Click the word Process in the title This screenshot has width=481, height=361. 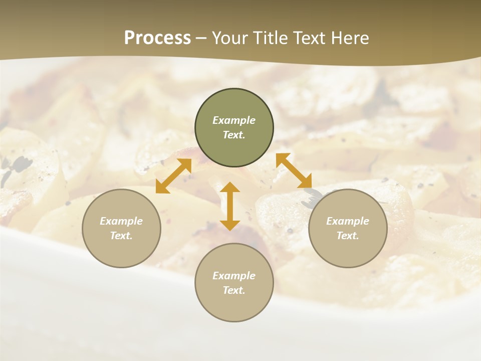coord(157,38)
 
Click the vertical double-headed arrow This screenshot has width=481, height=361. coord(230,206)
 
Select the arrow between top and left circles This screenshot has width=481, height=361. coord(173,176)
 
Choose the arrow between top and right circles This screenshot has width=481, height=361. coord(294,170)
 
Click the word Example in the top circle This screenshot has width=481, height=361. coord(234,120)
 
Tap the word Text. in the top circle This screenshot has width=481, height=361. coord(234,135)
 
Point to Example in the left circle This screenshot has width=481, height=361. coord(121,221)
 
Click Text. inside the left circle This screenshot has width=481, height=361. coord(121,236)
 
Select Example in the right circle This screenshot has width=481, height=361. coord(348,221)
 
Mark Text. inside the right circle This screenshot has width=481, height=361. coord(348,236)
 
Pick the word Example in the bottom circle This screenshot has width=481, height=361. coord(234,276)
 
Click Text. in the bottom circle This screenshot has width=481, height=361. coord(234,290)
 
